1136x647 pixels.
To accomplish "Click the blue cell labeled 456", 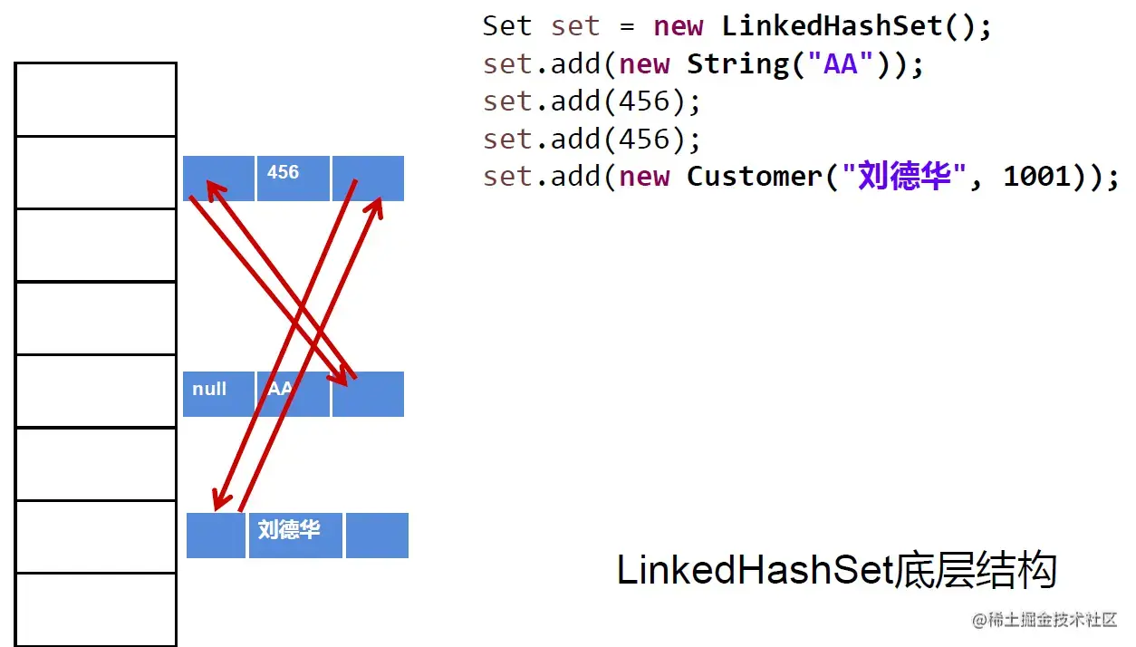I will [x=293, y=178].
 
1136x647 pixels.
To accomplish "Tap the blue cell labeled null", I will [x=218, y=394].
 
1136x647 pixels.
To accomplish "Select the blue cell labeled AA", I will [x=293, y=394].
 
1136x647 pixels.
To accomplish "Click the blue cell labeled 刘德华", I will [x=295, y=535].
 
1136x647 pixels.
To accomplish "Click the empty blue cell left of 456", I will [x=218, y=178].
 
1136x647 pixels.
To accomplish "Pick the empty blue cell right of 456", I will [x=368, y=178].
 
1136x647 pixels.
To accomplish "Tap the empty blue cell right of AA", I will [x=368, y=394].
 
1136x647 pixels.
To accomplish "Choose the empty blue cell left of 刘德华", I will [x=216, y=535].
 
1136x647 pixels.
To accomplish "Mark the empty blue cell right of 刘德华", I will [x=377, y=535].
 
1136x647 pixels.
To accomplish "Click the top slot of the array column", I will [x=95, y=99].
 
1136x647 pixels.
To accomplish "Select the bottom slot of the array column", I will [x=95, y=609].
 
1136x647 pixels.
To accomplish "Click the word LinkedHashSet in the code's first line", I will [x=833, y=26].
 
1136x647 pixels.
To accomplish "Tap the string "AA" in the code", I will [x=841, y=64].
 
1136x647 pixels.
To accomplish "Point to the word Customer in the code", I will [x=754, y=177].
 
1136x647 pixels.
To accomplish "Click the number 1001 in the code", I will [x=1036, y=177].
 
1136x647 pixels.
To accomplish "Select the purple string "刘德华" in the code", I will [x=897, y=177].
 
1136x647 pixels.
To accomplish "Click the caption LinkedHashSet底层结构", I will [x=837, y=571].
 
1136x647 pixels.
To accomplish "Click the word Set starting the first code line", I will [x=506, y=26].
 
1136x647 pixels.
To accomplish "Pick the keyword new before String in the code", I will [x=644, y=64].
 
